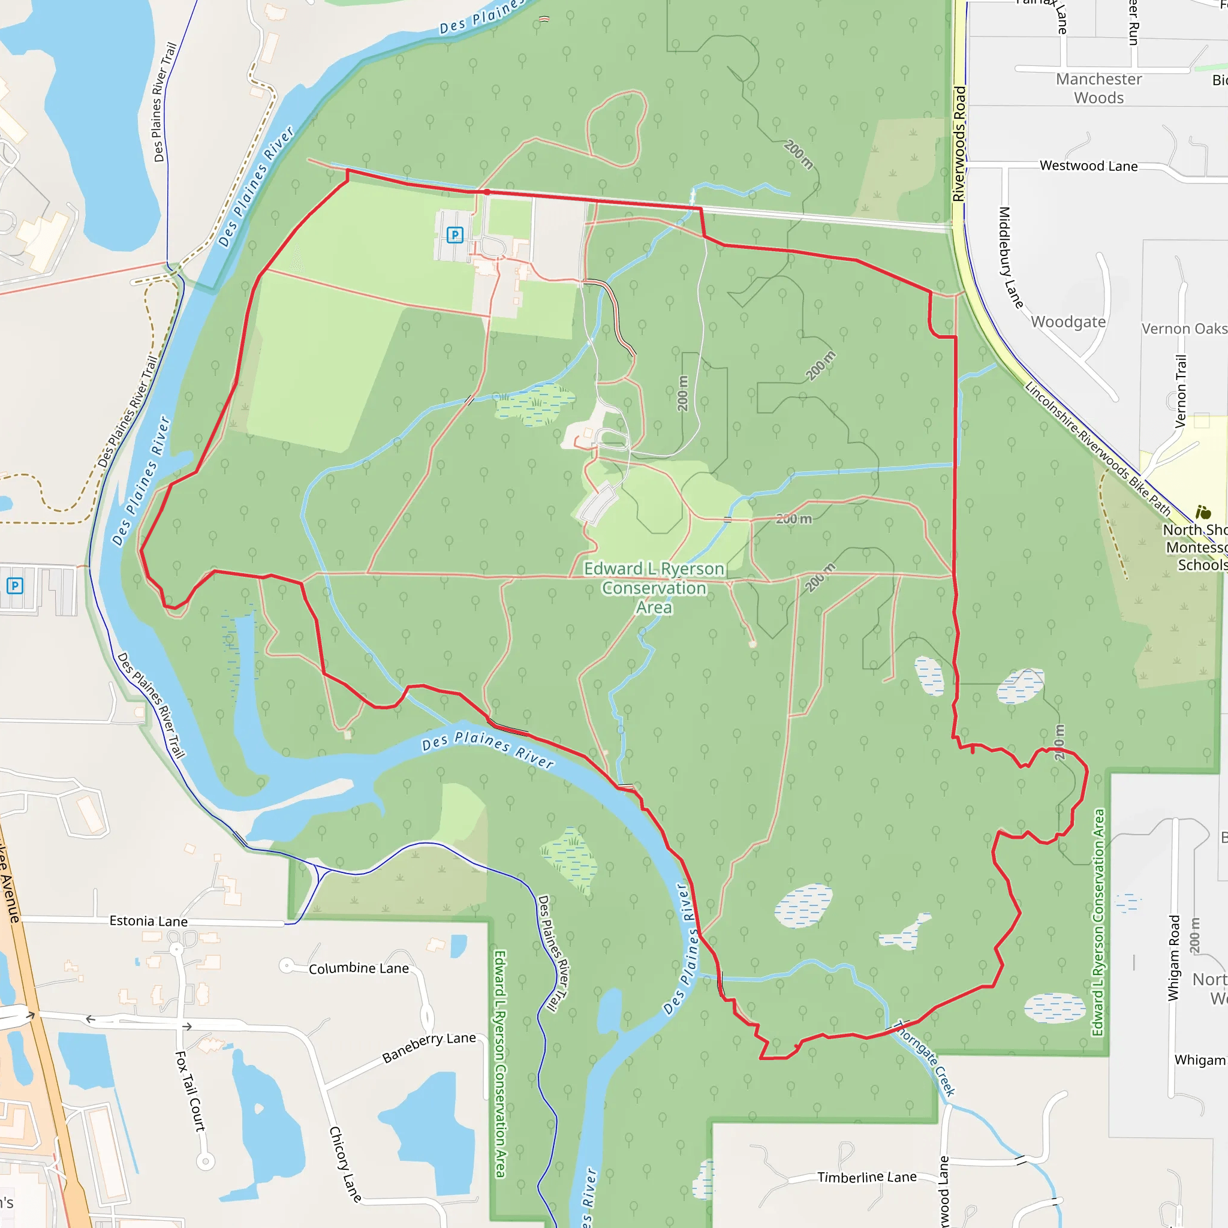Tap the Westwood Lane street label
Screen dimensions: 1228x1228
coord(1088,166)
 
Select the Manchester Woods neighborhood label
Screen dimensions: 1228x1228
coord(1099,88)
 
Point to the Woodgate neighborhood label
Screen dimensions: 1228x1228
coord(1068,321)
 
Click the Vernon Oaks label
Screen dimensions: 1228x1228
coord(1184,329)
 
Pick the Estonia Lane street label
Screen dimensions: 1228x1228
coord(148,921)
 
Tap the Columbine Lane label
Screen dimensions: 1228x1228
coord(359,968)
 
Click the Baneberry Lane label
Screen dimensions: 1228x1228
coord(429,1047)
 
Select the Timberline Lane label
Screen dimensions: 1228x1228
coord(866,1177)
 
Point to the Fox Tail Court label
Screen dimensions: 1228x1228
coord(190,1091)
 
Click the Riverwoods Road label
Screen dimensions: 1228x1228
coord(959,145)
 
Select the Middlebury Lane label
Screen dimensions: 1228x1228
coord(1010,257)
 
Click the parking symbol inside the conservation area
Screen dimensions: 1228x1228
coord(455,235)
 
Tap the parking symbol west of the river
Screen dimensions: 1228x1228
coord(14,585)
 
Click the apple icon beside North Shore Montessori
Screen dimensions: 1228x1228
coord(1203,512)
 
